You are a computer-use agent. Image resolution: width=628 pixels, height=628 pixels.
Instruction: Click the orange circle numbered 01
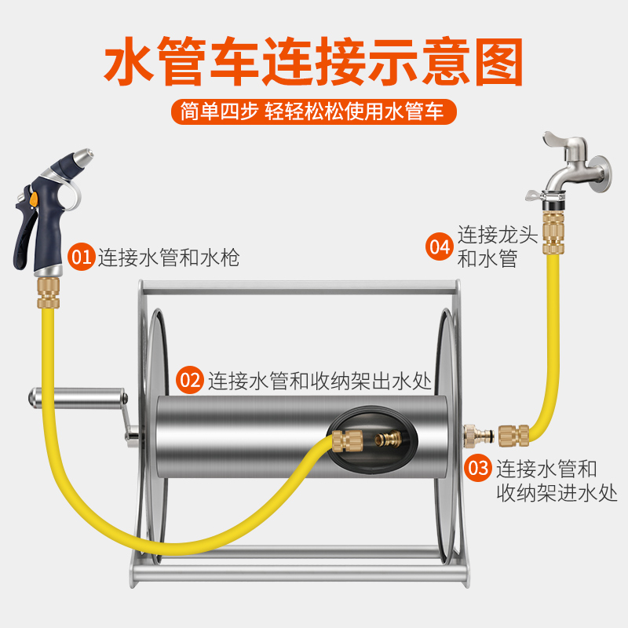click(x=81, y=257)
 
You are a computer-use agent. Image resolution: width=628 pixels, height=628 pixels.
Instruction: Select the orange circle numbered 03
click(x=479, y=469)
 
